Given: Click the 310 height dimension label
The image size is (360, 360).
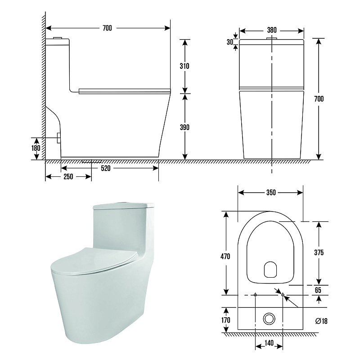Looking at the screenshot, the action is pyautogui.click(x=184, y=66).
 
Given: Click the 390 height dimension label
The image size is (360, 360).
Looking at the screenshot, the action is pyautogui.click(x=184, y=127).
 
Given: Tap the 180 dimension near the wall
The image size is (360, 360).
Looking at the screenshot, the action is pyautogui.click(x=36, y=148).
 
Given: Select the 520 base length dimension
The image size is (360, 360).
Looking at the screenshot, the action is pyautogui.click(x=106, y=168).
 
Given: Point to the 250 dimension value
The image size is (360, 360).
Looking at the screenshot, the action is pyautogui.click(x=68, y=176).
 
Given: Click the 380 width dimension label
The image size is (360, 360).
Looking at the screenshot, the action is pyautogui.click(x=272, y=30).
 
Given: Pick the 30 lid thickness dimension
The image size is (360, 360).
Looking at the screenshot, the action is pyautogui.click(x=230, y=42).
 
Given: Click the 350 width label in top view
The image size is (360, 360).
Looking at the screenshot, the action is pyautogui.click(x=271, y=193).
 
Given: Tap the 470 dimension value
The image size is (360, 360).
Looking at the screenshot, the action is pyautogui.click(x=225, y=256).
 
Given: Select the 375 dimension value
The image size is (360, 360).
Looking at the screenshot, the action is pyautogui.click(x=319, y=252).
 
